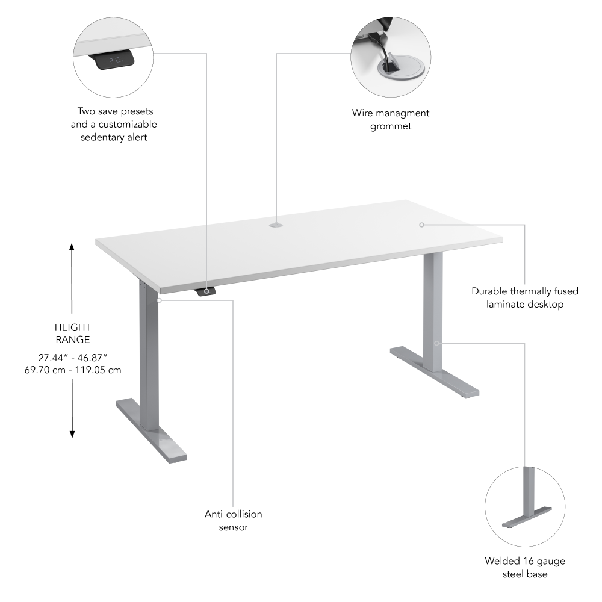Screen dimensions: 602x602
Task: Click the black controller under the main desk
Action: pyautogui.click(x=206, y=292)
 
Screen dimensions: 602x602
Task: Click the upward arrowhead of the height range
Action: pyautogui.click(x=72, y=247)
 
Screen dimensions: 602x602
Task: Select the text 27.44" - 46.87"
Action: pyautogui.click(x=72, y=357)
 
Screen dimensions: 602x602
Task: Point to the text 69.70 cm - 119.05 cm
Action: pyautogui.click(x=72, y=370)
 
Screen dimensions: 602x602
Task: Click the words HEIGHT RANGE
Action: pyautogui.click(x=72, y=334)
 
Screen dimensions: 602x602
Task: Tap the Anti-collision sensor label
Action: pyautogui.click(x=233, y=521)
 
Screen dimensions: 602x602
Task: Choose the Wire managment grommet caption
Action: pyautogui.click(x=391, y=119)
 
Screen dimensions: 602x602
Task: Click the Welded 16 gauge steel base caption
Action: pyautogui.click(x=525, y=568)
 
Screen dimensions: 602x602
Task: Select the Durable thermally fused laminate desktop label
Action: pyautogui.click(x=525, y=297)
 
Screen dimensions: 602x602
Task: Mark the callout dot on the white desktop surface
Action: pyautogui.click(x=422, y=225)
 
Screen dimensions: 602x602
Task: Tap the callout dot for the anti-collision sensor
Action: pyautogui.click(x=158, y=299)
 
